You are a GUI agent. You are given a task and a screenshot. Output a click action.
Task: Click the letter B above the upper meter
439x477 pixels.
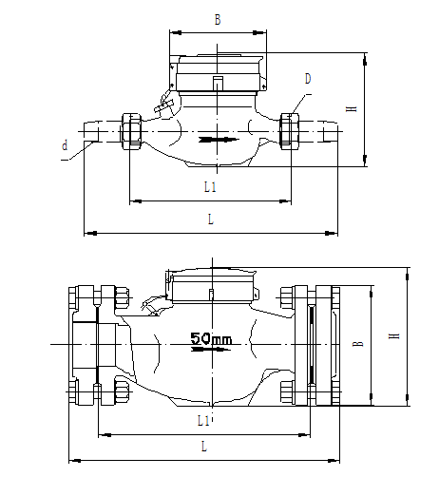[218, 18]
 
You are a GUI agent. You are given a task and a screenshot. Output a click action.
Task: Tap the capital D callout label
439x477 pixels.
[309, 77]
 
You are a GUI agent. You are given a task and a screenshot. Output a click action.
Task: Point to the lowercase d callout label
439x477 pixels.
[65, 145]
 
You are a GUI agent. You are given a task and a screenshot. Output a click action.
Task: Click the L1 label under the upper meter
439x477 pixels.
[210, 187]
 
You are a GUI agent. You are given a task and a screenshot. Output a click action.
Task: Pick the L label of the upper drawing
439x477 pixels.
[210, 219]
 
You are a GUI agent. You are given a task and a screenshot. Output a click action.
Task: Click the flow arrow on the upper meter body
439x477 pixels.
[217, 141]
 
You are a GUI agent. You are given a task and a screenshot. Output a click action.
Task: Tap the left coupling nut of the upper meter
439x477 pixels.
[131, 130]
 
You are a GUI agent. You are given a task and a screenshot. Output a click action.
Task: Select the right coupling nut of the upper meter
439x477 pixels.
[290, 130]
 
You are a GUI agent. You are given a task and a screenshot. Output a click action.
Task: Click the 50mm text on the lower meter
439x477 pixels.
[211, 337]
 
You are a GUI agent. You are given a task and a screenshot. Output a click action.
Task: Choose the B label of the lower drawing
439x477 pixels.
[357, 344]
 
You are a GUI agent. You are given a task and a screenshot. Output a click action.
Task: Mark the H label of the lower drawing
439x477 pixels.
[392, 335]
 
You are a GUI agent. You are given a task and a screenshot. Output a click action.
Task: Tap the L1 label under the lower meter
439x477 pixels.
[203, 419]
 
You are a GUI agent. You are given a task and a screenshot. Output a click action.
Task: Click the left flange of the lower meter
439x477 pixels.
[85, 342]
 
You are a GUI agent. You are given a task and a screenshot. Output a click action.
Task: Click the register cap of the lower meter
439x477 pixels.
[212, 285]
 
